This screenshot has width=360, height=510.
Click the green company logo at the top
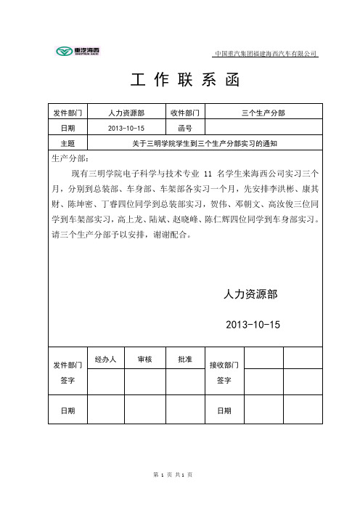pos(79,51)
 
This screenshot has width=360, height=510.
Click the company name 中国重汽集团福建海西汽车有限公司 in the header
pos(266,54)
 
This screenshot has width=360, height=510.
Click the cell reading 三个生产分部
pos(263,113)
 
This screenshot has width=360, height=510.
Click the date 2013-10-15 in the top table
pos(126,128)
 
